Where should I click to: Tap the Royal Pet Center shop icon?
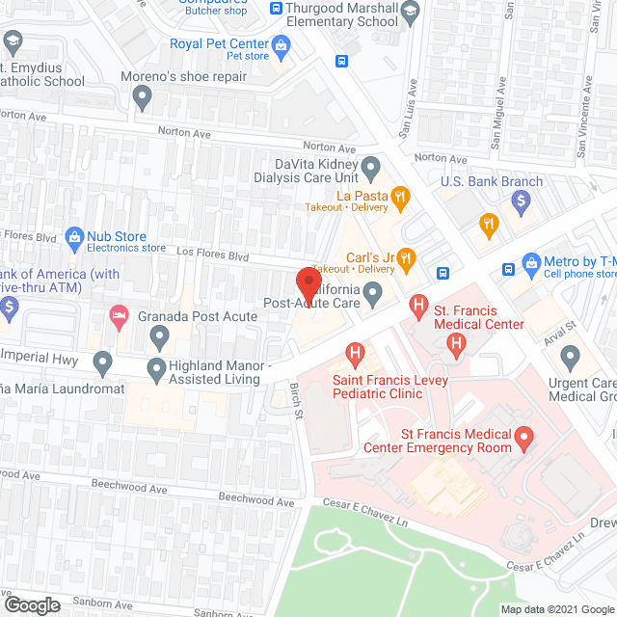click(281, 44)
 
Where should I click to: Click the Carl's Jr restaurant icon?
click(407, 257)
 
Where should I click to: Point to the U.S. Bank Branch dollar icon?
click(522, 201)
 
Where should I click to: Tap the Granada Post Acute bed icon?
click(118, 315)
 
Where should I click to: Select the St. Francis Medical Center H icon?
click(418, 308)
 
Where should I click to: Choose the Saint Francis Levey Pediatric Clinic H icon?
click(355, 354)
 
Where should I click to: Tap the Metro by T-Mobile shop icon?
click(530, 262)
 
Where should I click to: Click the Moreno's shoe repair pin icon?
click(143, 95)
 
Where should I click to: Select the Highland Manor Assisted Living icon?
click(157, 367)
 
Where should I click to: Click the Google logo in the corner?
click(31, 604)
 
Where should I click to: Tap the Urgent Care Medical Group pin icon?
click(571, 358)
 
